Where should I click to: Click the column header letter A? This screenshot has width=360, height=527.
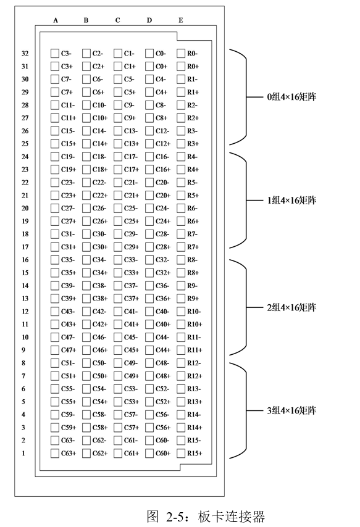pyautogui.click(x=56, y=20)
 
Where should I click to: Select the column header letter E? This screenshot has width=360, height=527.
pyautogui.click(x=181, y=20)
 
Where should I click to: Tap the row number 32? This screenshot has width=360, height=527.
pyautogui.click(x=25, y=54)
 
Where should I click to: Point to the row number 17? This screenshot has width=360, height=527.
pyautogui.click(x=25, y=247)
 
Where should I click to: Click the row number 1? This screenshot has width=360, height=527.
pyautogui.click(x=23, y=454)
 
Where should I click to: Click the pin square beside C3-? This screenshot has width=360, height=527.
pyautogui.click(x=54, y=54)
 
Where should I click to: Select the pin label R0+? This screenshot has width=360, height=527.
pyautogui.click(x=193, y=67)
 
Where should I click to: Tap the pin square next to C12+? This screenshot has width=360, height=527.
pyautogui.click(x=149, y=144)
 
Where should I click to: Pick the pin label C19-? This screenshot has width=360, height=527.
pyautogui.click(x=68, y=157)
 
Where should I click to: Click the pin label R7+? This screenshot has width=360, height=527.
pyautogui.click(x=193, y=247)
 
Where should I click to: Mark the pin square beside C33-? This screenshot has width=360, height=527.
pyautogui.click(x=118, y=260)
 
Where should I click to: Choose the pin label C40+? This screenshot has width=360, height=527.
pyautogui.click(x=163, y=325)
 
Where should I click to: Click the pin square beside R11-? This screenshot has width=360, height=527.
pyautogui.click(x=181, y=337)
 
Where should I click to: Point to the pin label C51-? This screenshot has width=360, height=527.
pyautogui.click(x=68, y=363)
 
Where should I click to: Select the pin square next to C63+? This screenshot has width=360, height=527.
pyautogui.click(x=54, y=454)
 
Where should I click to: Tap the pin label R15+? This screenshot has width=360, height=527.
pyautogui.click(x=195, y=454)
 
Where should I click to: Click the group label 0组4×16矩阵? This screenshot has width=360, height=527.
pyautogui.click(x=291, y=97)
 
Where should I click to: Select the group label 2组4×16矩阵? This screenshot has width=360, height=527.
pyautogui.click(x=291, y=307)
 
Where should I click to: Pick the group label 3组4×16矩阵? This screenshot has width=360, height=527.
pyautogui.click(x=291, y=411)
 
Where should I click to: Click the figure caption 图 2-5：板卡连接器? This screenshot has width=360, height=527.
pyautogui.click(x=206, y=517)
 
